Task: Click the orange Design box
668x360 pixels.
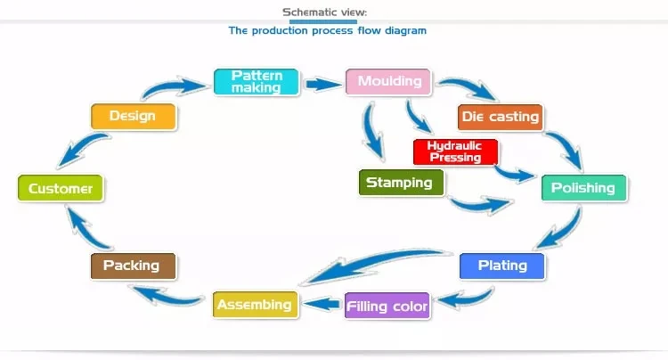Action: pyautogui.click(x=134, y=117)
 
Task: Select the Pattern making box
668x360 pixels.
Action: pyautogui.click(x=256, y=82)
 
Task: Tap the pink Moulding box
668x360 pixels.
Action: pyautogui.click(x=388, y=81)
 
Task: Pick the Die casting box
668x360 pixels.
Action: pyautogui.click(x=501, y=117)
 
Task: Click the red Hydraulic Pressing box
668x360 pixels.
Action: pyautogui.click(x=455, y=151)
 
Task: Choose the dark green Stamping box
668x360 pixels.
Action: pyautogui.click(x=402, y=183)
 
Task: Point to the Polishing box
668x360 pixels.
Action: pyautogui.click(x=584, y=188)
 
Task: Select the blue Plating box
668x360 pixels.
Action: pyautogui.click(x=501, y=266)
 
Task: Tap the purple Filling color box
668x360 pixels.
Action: pyautogui.click(x=387, y=306)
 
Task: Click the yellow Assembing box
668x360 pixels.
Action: pyautogui.click(x=256, y=305)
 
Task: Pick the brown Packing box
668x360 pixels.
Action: pyautogui.click(x=133, y=266)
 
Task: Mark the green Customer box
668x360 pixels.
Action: pyautogui.click(x=61, y=188)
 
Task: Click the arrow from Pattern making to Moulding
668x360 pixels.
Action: pyautogui.click(x=322, y=85)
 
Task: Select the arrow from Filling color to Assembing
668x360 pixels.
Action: pyautogui.click(x=322, y=304)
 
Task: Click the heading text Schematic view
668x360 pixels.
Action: pyautogui.click(x=324, y=12)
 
